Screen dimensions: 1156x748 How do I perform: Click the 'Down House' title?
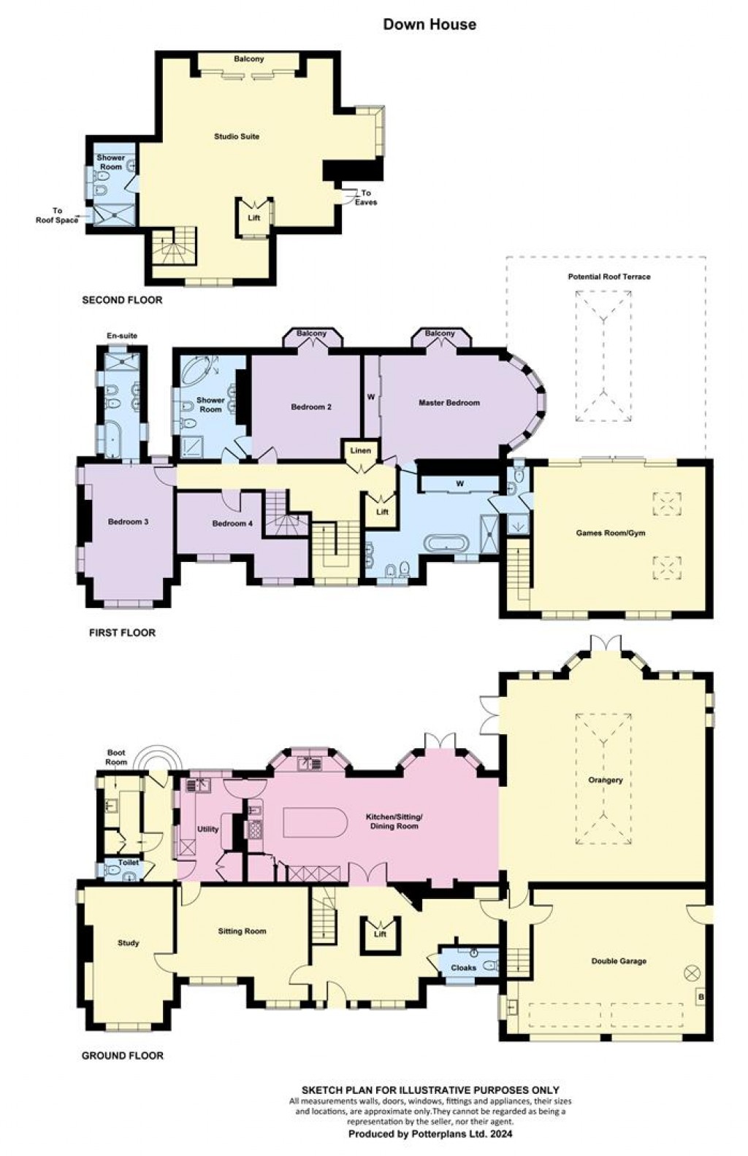click(430, 24)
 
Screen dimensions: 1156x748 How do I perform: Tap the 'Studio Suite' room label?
click(236, 136)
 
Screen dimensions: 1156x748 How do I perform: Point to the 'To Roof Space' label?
click(56, 215)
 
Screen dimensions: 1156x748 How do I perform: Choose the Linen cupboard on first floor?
click(360, 450)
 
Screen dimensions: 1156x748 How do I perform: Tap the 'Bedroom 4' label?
click(233, 523)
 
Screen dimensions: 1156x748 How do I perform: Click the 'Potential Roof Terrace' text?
click(608, 277)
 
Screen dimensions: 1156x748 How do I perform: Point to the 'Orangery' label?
click(605, 780)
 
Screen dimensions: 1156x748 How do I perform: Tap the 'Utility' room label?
click(207, 829)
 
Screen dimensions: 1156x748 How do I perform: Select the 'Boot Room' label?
click(116, 758)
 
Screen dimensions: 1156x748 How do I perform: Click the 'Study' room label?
click(128, 943)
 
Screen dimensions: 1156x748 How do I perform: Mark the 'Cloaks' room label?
click(463, 968)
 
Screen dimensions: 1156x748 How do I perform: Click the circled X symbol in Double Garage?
click(692, 973)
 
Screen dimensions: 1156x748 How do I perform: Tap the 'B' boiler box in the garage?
click(700, 997)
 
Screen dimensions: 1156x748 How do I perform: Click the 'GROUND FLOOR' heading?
click(122, 1055)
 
